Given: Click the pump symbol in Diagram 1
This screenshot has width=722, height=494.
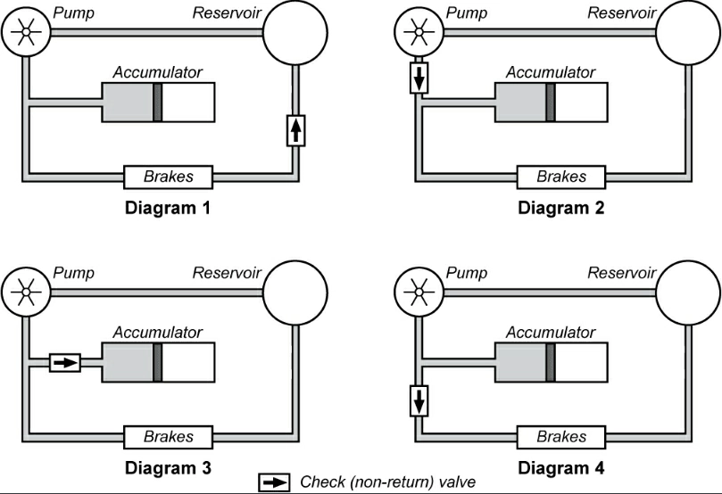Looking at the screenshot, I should tap(26, 32).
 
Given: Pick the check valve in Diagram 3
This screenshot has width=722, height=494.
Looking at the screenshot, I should tap(64, 362).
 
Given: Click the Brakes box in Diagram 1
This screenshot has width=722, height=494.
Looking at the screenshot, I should tap(169, 177).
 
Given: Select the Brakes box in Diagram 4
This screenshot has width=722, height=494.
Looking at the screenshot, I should tap(561, 437).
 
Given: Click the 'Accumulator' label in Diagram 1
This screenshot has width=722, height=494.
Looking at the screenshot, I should tap(158, 71).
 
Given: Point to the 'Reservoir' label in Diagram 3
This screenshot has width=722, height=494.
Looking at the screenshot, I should tap(227, 274).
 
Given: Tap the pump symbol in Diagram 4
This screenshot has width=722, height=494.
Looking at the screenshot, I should tap(419, 292).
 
